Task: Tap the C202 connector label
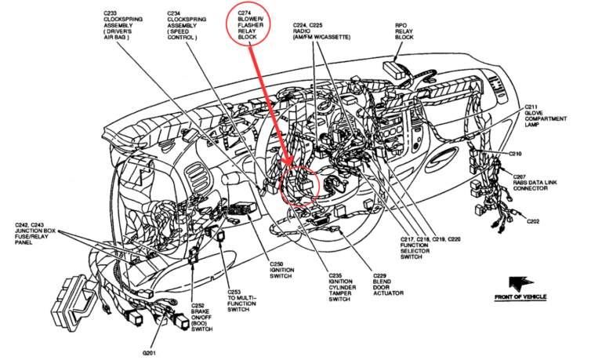[533, 220]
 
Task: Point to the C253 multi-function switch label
[239, 300]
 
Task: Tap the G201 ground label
[150, 352]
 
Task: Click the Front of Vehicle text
[520, 297]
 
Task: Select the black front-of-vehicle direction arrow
[518, 282]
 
